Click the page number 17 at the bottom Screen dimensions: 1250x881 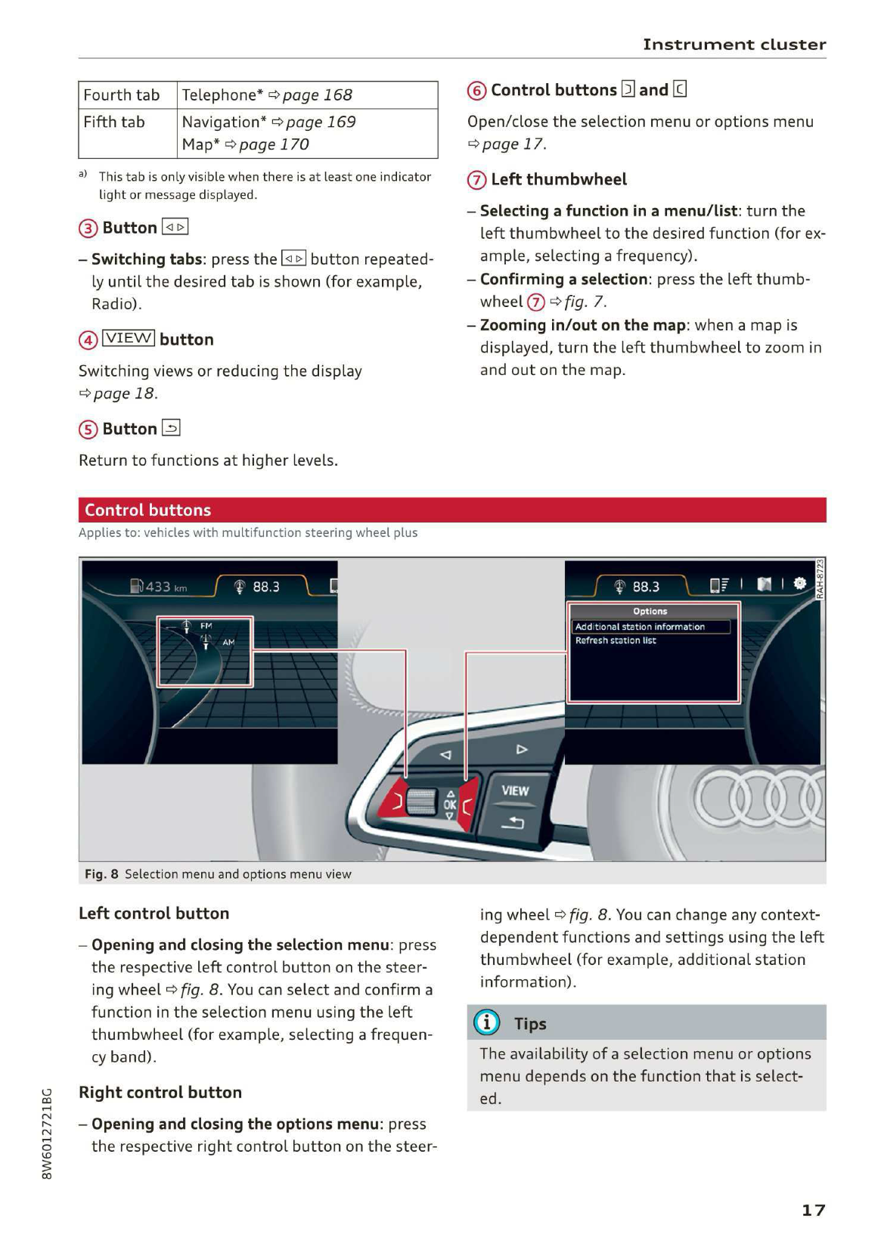(x=813, y=1210)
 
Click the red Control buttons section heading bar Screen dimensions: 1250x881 (x=451, y=510)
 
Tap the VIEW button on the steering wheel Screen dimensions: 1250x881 (x=515, y=791)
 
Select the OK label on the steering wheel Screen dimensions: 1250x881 (x=450, y=805)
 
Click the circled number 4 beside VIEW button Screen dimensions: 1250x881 (x=88, y=340)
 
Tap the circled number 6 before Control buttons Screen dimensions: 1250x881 (x=476, y=92)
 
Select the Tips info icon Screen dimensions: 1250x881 (x=486, y=1023)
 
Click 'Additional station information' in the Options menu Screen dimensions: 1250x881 (x=640, y=627)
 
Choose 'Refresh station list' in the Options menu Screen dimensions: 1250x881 (x=616, y=641)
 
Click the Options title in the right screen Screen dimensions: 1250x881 (x=650, y=611)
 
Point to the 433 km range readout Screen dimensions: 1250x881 (x=159, y=587)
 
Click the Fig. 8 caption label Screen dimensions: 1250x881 (x=101, y=874)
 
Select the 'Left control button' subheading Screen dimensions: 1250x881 (x=154, y=913)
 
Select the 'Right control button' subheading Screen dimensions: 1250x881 (x=160, y=1093)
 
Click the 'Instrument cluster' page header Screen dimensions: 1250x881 (x=734, y=45)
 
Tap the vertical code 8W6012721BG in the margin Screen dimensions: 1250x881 (x=47, y=1134)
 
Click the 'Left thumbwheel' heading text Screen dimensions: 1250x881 (x=559, y=180)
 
